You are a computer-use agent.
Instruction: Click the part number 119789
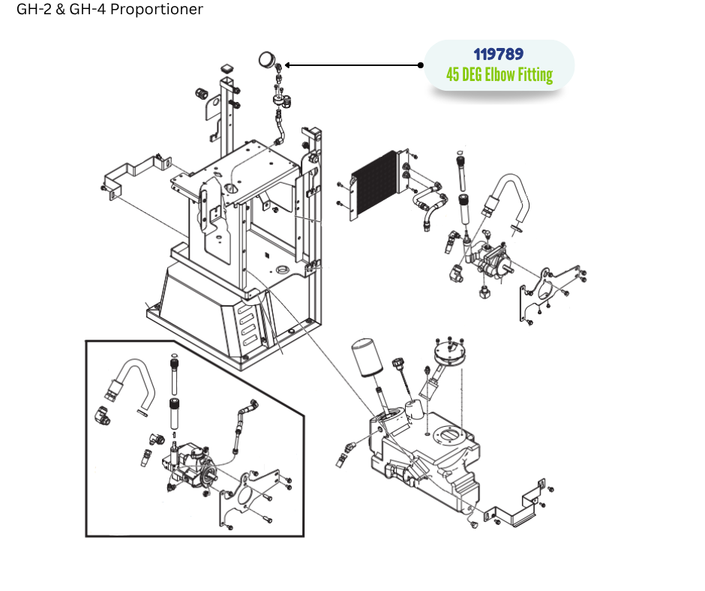[499, 55]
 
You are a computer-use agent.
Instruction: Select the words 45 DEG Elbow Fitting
[499, 75]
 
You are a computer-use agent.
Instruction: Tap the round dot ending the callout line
[421, 65]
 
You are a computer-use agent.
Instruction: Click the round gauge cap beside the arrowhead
[265, 59]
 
